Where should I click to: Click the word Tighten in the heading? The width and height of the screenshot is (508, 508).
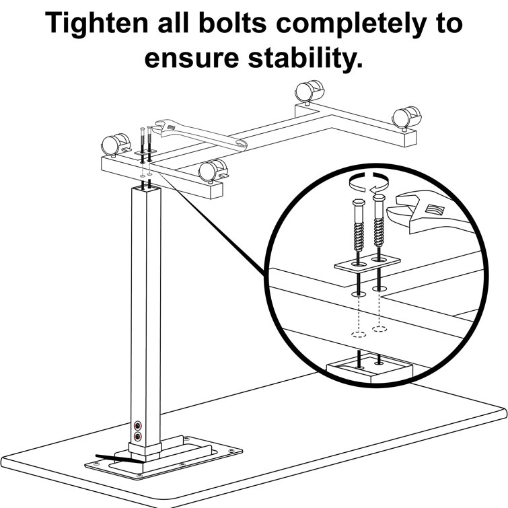(94, 24)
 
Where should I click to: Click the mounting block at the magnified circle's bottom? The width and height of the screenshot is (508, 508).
(369, 367)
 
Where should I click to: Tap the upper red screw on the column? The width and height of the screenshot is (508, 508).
(138, 425)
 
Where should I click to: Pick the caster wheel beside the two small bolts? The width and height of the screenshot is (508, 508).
(111, 144)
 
